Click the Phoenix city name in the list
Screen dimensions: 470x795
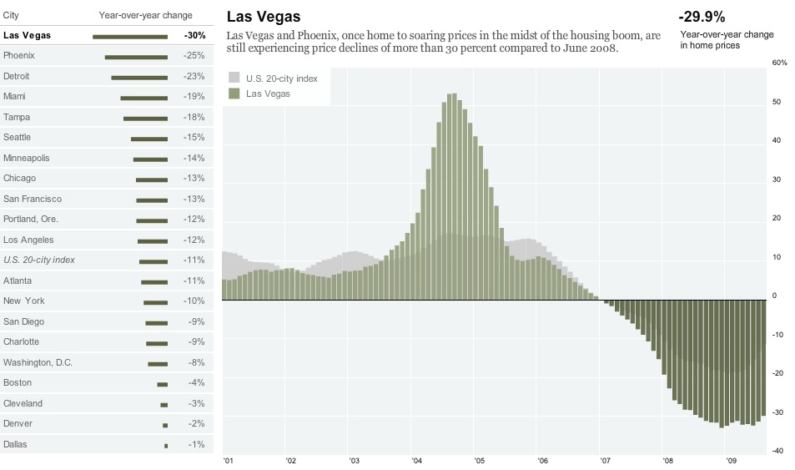(x=19, y=55)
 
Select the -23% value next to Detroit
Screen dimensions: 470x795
(x=194, y=76)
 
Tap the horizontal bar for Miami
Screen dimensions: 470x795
(x=144, y=97)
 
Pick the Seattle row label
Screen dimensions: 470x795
(x=18, y=137)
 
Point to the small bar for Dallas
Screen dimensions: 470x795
(x=166, y=445)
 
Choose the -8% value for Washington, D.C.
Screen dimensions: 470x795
(x=195, y=362)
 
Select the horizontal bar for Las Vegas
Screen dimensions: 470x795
(x=130, y=36)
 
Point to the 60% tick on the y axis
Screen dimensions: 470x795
(x=780, y=63)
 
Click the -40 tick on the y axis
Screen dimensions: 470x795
(x=777, y=452)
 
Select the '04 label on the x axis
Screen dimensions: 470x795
(x=417, y=460)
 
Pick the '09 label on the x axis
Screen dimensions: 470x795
(x=732, y=460)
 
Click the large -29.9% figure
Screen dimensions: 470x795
(x=702, y=17)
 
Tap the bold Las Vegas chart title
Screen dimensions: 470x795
(x=264, y=17)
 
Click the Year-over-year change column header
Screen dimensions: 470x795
(x=145, y=15)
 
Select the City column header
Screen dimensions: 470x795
(x=12, y=15)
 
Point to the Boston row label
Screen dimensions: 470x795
(x=18, y=382)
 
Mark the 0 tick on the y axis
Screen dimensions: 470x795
(x=775, y=296)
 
